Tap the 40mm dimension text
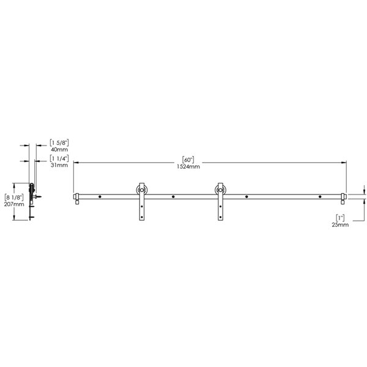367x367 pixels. [x=59, y=149]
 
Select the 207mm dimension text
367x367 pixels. [x=14, y=204]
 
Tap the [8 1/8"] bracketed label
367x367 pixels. [x=14, y=197]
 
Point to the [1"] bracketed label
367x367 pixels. [x=341, y=217]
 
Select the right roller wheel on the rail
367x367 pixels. [x=220, y=191]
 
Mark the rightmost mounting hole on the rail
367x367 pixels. [x=319, y=197]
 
